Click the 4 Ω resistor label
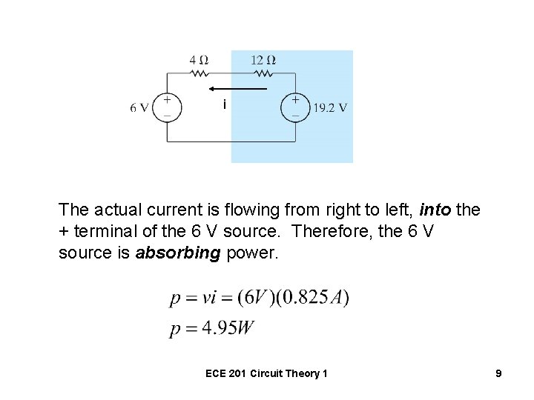click(x=197, y=59)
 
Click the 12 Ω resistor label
click(x=263, y=59)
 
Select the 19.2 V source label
click(x=330, y=107)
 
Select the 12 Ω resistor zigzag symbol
click(x=263, y=74)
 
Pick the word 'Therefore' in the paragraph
click(x=327, y=233)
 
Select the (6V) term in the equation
click(x=260, y=298)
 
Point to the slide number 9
click(x=498, y=374)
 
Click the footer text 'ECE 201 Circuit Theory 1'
click(x=267, y=374)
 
